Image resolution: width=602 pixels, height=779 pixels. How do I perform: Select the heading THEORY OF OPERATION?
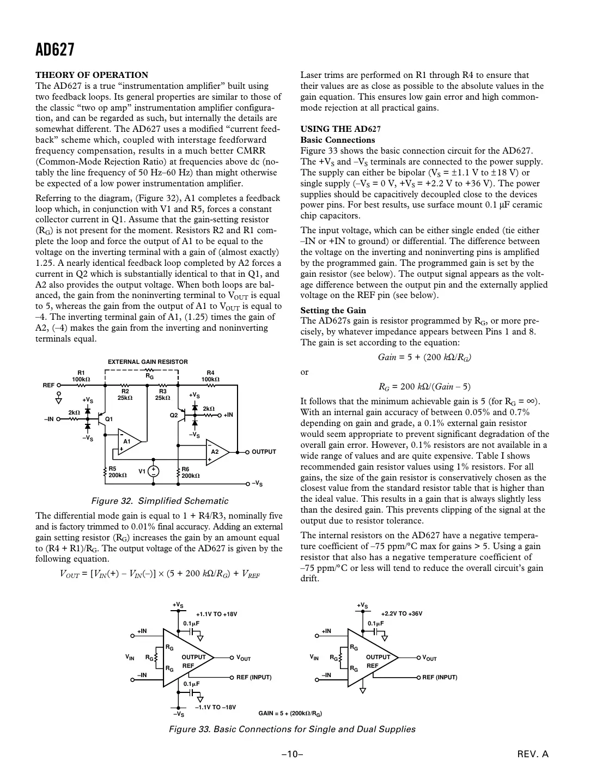tap(92, 75)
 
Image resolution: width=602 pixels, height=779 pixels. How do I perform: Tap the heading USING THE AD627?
tap(340, 129)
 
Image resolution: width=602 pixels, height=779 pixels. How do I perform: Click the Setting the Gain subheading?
tap(333, 311)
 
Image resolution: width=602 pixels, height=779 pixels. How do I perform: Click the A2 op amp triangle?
tap(216, 452)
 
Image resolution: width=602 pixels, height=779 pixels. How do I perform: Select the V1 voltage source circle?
tap(154, 472)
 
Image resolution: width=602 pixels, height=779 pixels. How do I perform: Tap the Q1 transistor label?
tap(109, 419)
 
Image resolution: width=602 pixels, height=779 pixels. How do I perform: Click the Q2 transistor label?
tap(174, 416)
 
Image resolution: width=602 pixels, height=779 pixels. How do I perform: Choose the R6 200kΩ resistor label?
tap(190, 472)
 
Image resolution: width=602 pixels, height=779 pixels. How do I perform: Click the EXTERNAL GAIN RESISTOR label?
tap(148, 362)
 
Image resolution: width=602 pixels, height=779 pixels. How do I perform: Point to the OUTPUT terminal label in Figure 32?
tap(264, 452)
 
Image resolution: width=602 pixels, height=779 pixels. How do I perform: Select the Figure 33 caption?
tap(292, 729)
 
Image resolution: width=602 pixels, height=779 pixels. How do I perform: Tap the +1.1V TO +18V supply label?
tap(216, 614)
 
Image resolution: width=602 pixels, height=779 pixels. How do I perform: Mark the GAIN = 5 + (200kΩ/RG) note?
tap(289, 713)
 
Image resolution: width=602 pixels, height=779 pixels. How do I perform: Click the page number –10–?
tap(292, 754)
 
